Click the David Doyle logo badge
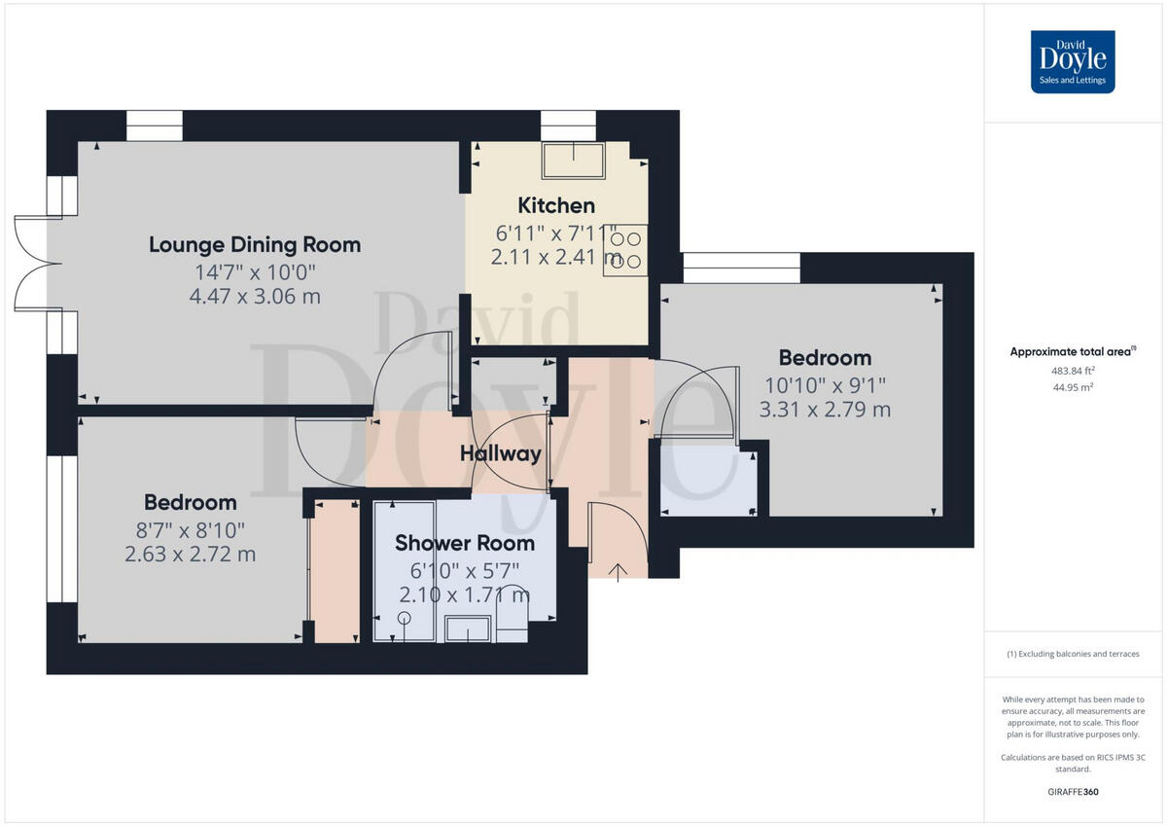click(x=1073, y=61)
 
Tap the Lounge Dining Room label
click(x=255, y=244)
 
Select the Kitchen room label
click(x=555, y=205)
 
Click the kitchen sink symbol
click(x=573, y=160)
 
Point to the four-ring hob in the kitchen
click(x=625, y=250)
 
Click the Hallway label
click(x=500, y=453)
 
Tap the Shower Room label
click(x=465, y=543)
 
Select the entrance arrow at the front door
click(x=618, y=571)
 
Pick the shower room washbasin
click(x=468, y=629)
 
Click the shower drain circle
click(x=404, y=618)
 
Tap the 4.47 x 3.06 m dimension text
click(x=255, y=296)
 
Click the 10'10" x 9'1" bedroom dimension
click(x=825, y=384)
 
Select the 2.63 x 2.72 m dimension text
click(x=191, y=555)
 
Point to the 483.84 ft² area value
click(x=1073, y=371)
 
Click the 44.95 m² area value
click(x=1073, y=387)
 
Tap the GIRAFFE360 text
click(x=1073, y=792)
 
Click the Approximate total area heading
click(x=1073, y=351)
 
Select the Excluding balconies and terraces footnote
click(x=1073, y=654)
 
